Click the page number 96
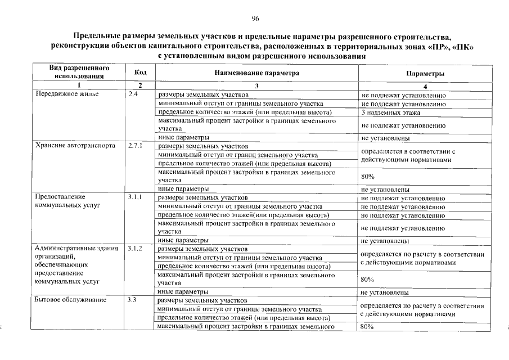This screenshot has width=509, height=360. point(255,19)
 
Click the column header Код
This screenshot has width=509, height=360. point(141,73)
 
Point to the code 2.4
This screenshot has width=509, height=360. point(133,94)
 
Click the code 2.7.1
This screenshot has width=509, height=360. point(136,146)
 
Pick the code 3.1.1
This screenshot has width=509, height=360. point(136,197)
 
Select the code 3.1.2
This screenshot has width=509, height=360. point(136,248)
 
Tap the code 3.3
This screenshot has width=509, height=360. point(133,300)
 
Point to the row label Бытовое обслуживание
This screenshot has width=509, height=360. point(71,300)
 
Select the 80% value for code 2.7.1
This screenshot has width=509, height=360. point(368,177)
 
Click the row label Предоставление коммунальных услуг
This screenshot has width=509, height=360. point(68,201)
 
